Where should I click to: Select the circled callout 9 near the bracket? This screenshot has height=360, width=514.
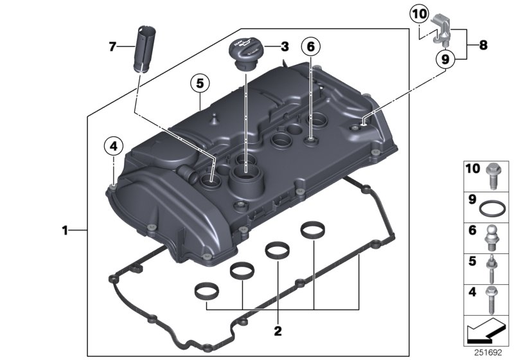coord(444,59)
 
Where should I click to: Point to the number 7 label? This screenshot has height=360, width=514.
coord(112,46)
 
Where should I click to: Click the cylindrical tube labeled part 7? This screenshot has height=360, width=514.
coord(143,49)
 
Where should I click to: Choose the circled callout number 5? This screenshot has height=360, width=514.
coord(200,83)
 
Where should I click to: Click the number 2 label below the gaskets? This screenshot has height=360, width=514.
coord(278,331)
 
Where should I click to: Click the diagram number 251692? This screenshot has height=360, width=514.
coord(492,352)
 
